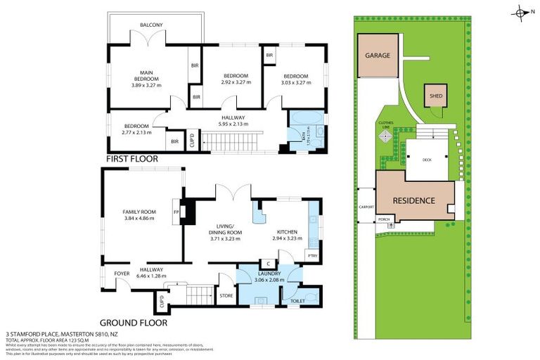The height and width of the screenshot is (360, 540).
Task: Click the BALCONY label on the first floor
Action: click(151, 25)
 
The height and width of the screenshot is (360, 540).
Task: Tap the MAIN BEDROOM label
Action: click(146, 75)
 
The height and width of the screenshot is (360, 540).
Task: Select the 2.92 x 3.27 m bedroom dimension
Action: click(236, 82)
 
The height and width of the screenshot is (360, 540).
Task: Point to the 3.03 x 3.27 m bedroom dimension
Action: click(296, 82)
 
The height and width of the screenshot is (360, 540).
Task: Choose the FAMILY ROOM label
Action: click(139, 212)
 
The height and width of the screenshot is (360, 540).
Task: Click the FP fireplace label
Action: click(176, 210)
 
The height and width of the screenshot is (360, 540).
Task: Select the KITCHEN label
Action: click(286, 231)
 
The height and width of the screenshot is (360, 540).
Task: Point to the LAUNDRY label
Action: click(269, 274)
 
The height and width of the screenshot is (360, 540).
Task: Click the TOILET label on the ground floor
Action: click(298, 301)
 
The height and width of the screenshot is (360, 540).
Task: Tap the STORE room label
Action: click(226, 295)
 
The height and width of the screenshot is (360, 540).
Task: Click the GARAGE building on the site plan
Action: click(377, 56)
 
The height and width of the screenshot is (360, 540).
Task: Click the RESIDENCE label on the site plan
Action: click(414, 200)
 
